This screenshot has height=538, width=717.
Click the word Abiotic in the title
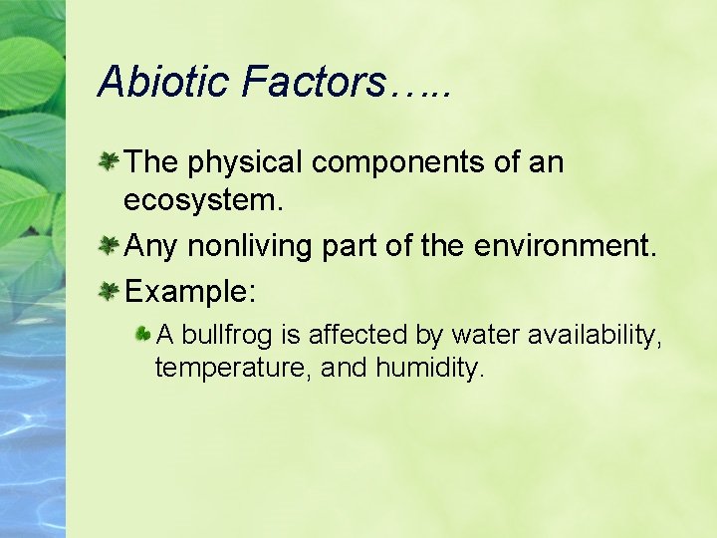click(x=161, y=81)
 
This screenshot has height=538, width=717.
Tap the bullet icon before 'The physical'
click(x=110, y=160)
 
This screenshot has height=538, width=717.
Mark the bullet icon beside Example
click(x=110, y=292)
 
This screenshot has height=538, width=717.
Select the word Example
click(x=190, y=293)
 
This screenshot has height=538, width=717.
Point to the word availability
click(x=596, y=336)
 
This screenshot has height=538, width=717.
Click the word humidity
click(x=429, y=369)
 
